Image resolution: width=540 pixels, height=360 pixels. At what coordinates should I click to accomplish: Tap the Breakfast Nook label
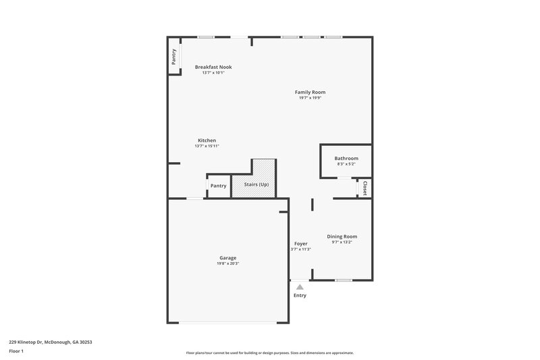(x=213, y=67)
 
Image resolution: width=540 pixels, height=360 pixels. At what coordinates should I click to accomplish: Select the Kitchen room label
(x=207, y=140)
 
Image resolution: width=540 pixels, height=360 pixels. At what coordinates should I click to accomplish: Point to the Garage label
(x=227, y=257)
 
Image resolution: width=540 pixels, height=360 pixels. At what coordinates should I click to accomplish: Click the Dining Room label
(x=342, y=236)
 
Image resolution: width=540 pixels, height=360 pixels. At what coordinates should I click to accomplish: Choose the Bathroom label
(x=346, y=158)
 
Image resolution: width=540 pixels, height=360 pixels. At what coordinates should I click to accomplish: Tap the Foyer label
(x=300, y=243)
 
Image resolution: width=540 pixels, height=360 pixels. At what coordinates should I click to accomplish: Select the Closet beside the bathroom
(x=364, y=188)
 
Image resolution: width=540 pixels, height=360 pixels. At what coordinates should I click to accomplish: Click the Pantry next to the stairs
(x=218, y=186)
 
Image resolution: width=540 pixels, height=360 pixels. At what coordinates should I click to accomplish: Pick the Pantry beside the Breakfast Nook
(x=174, y=57)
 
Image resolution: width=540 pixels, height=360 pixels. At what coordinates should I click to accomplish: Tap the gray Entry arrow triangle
(x=300, y=287)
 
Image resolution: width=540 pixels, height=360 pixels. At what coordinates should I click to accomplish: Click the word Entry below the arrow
(x=300, y=295)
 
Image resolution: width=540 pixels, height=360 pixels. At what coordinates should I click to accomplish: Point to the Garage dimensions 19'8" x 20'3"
(x=227, y=263)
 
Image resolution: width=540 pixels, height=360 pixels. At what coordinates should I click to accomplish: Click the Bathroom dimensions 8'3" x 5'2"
(x=346, y=164)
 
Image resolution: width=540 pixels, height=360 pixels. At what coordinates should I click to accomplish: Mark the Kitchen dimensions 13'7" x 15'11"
(x=207, y=146)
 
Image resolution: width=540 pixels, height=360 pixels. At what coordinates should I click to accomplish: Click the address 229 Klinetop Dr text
(x=50, y=342)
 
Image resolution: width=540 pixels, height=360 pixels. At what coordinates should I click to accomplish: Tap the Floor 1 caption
(x=16, y=352)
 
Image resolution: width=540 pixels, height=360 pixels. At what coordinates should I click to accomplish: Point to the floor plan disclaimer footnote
(x=269, y=353)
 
